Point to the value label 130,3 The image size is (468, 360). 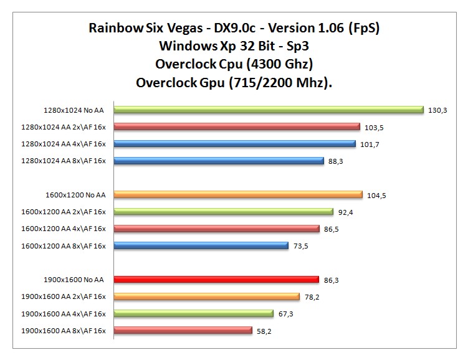[437, 110]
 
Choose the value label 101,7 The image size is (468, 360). [373, 144]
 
